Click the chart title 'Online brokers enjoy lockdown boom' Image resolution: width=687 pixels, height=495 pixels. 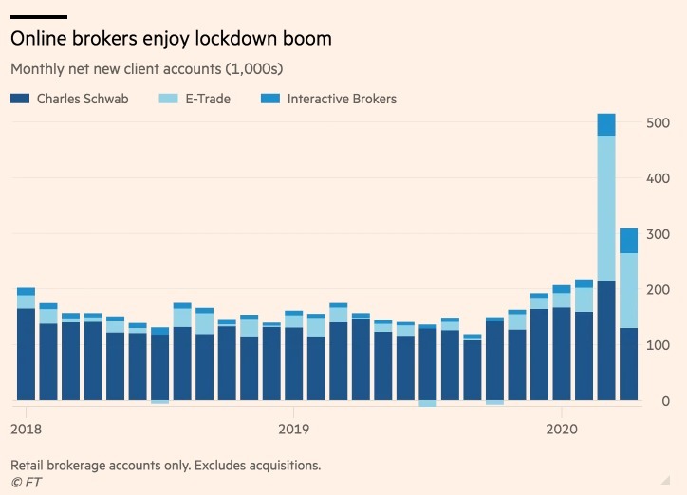[171, 39]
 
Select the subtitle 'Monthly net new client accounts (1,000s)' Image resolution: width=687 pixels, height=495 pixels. [147, 69]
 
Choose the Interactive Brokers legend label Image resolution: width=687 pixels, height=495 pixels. [342, 99]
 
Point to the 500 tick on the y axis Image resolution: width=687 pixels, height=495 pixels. [659, 122]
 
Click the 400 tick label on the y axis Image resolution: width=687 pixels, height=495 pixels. [659, 178]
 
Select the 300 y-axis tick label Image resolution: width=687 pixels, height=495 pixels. [659, 234]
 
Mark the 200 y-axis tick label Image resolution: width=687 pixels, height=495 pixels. [659, 290]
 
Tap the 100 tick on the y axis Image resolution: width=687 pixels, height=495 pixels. [659, 346]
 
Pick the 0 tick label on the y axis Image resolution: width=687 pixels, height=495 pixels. [665, 402]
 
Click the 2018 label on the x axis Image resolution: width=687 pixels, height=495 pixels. [26, 428]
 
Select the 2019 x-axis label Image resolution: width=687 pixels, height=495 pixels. [293, 428]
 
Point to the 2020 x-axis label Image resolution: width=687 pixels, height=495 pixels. [562, 428]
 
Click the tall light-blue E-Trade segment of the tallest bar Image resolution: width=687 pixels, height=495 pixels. [606, 209]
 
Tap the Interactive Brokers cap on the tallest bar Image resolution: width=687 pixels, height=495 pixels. [606, 124]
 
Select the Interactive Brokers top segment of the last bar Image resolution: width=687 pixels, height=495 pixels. [628, 240]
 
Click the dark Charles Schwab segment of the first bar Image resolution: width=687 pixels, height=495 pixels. [26, 354]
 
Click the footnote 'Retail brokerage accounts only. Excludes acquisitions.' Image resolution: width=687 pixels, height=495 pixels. [165, 466]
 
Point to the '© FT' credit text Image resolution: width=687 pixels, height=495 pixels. [26, 482]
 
